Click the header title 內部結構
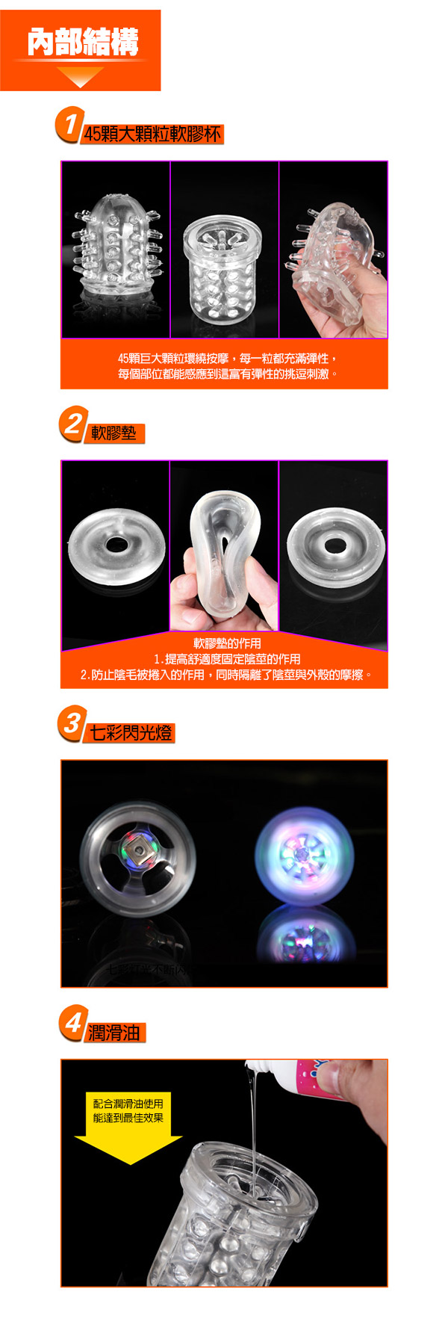click(x=83, y=42)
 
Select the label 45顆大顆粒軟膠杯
click(x=153, y=134)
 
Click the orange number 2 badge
click(x=72, y=424)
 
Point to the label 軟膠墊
click(x=113, y=433)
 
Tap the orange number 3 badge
click(x=72, y=723)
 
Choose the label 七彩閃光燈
click(x=131, y=732)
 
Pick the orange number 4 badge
click(x=72, y=1022)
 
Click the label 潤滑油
click(x=113, y=1032)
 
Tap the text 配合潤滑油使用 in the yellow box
click(x=128, y=1104)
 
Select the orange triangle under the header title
click(x=80, y=76)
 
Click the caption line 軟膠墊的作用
click(x=227, y=643)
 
